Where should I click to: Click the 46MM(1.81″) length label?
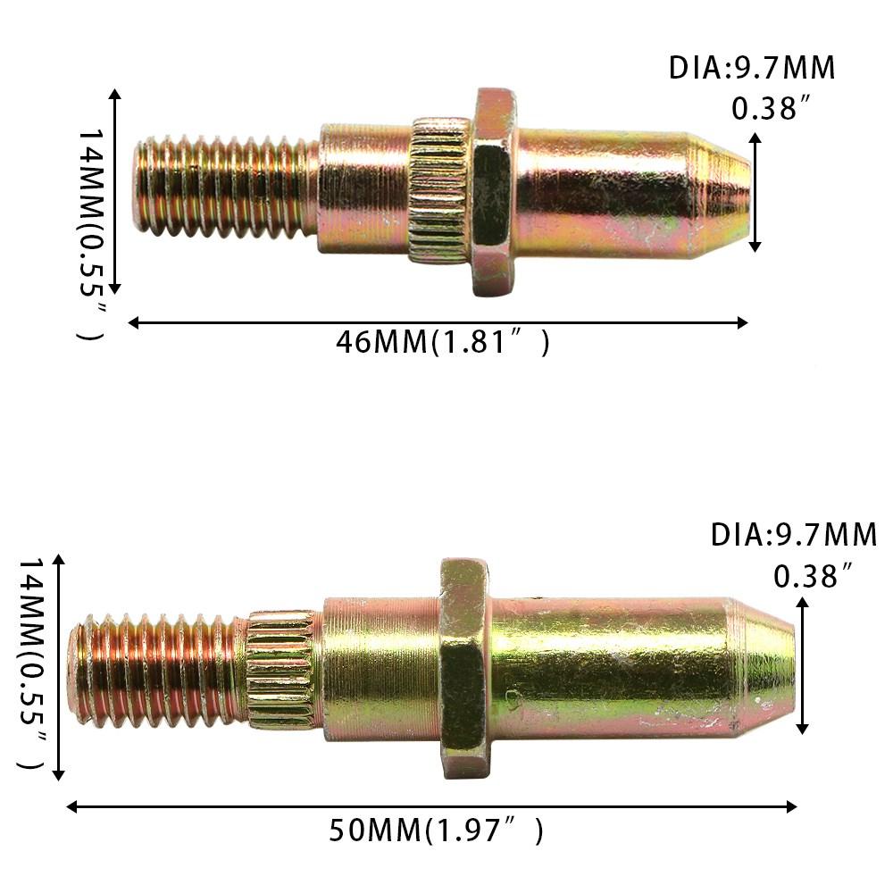point(443,342)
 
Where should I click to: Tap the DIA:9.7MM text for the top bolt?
point(752,69)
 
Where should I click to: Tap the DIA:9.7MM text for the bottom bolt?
point(794,536)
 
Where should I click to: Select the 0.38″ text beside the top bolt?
point(770,109)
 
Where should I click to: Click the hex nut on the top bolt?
point(493,192)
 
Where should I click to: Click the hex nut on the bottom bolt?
point(463,667)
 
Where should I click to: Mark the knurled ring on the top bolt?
point(438,192)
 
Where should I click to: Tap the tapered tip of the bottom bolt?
point(764,666)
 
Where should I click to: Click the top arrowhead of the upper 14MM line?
point(114,94)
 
